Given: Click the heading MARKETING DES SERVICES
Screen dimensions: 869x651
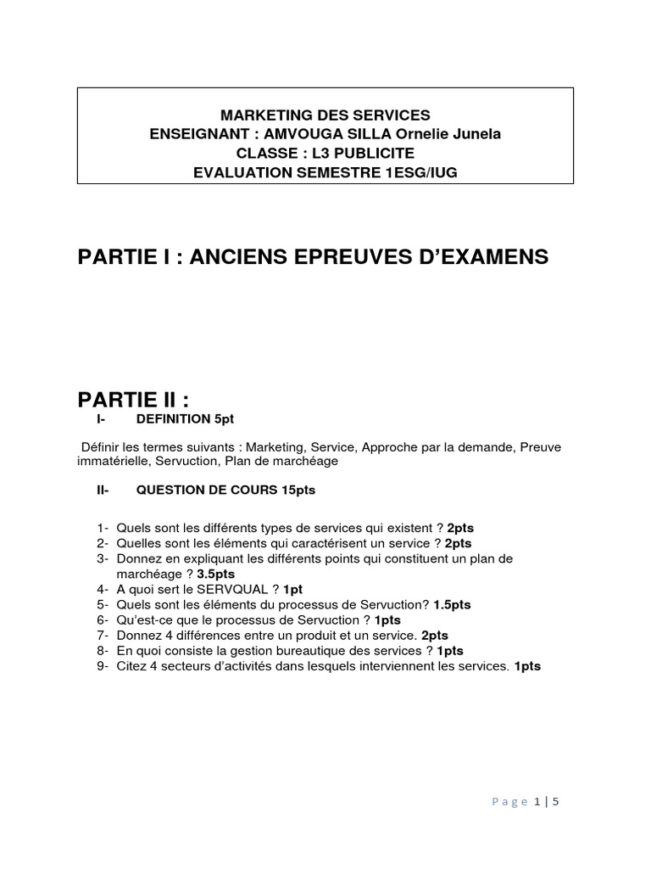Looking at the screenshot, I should coord(325,115).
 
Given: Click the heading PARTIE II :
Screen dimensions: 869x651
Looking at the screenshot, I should coord(131,400).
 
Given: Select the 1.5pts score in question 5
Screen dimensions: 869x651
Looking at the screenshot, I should coord(452,604).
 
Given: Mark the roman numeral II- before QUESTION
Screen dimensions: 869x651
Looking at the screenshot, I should coord(103,491).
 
